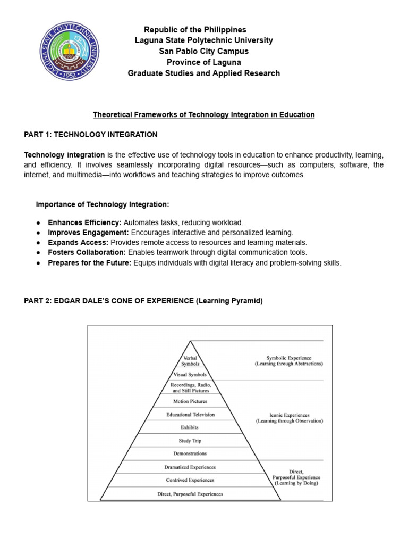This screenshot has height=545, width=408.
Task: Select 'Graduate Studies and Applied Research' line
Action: tap(204, 73)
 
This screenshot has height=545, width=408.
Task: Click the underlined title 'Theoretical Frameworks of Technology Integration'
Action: tap(204, 114)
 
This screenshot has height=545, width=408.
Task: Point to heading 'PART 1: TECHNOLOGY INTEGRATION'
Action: tap(91, 134)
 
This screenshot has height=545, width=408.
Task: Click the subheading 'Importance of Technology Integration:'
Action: tap(103, 204)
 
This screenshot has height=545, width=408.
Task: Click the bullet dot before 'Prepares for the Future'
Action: tap(39, 263)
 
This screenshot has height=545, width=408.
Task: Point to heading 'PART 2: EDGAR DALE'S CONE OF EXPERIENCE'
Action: tap(143, 301)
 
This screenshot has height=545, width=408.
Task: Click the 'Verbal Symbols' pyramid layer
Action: tap(190, 361)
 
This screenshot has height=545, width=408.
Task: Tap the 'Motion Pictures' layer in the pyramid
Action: tap(190, 401)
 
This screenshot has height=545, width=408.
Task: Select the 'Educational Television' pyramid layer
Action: tap(190, 414)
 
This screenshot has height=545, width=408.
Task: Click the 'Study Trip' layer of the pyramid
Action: tap(190, 441)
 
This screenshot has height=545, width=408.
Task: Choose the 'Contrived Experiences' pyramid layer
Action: tap(190, 480)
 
